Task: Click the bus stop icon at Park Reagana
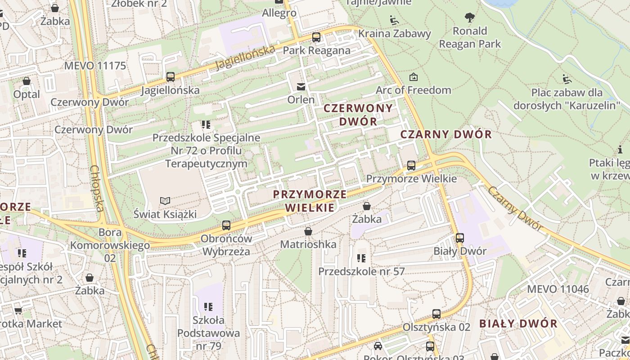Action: point(316,37)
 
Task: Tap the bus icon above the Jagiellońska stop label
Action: point(170,77)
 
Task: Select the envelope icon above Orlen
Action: point(301,86)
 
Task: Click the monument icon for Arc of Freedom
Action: point(413,77)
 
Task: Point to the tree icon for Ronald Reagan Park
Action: point(470,18)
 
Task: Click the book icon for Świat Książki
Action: point(165,201)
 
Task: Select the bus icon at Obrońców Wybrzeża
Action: point(226,225)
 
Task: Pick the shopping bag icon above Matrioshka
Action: point(308,231)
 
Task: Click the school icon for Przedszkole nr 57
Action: point(361,258)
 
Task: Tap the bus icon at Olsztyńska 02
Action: point(436,314)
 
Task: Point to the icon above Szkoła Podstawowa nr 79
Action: point(208,307)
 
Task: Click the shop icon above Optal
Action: point(27,81)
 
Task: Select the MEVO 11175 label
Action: point(95,66)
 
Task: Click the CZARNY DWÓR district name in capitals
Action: point(446,134)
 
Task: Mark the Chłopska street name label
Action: point(97,188)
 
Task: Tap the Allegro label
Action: point(279,13)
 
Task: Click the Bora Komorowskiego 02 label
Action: point(110,245)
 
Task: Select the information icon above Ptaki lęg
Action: point(620,149)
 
